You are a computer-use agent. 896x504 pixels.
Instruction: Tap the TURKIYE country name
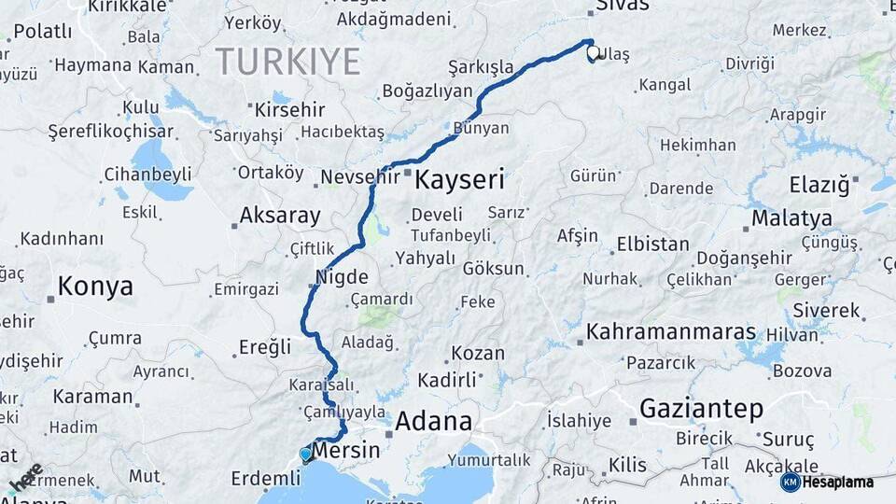tap(287, 62)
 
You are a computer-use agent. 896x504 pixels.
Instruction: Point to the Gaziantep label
tap(701, 409)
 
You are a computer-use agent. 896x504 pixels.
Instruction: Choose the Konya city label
tap(95, 287)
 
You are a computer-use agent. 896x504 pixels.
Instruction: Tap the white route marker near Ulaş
tap(593, 54)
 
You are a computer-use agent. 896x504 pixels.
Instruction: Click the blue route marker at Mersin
tap(305, 455)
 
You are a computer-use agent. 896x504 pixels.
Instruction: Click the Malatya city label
tap(791, 218)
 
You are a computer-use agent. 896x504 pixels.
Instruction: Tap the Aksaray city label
tap(279, 216)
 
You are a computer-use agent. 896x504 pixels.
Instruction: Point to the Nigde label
tap(341, 277)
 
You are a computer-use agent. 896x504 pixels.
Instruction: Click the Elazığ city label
tap(819, 185)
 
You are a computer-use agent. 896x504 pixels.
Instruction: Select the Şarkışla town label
tap(481, 67)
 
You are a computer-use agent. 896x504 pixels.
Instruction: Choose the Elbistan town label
tap(652, 245)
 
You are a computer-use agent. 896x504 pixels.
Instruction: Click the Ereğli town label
tap(265, 347)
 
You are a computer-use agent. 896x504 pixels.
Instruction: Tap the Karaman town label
tap(92, 396)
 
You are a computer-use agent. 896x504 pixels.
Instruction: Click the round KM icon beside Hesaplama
tap(790, 483)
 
